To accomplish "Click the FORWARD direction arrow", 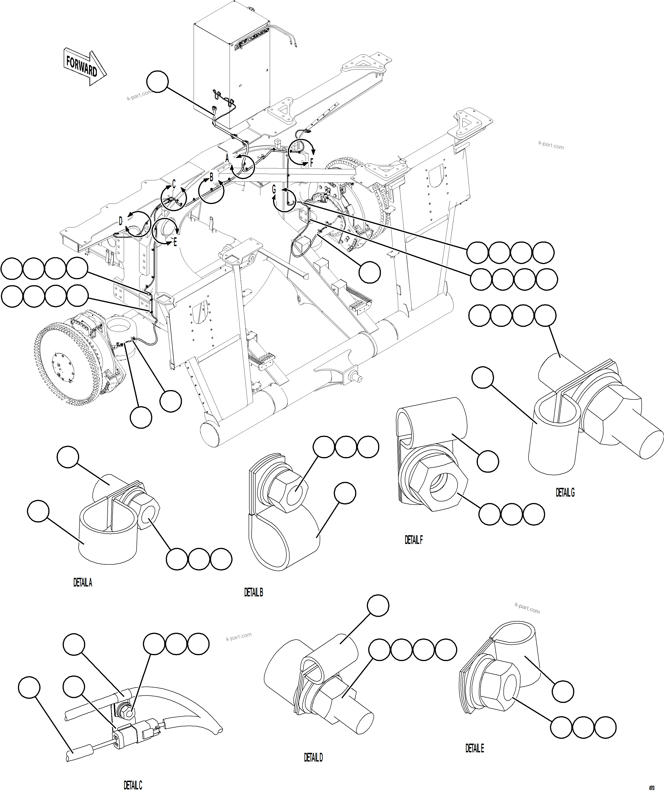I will (85, 66).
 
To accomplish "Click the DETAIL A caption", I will (83, 583).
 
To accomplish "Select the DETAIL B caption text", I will (253, 593).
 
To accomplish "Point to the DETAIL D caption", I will (313, 757).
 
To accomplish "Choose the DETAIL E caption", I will (474, 748).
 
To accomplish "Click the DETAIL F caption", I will (414, 540).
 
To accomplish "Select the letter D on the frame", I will (121, 221).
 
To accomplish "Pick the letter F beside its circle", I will (311, 163).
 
